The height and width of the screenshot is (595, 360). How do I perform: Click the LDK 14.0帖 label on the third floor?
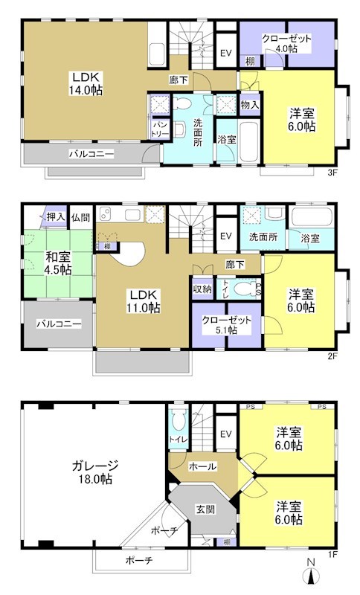[86, 83]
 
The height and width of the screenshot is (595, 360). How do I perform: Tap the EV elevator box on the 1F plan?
[225, 435]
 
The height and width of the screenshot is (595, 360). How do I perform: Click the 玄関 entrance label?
[205, 509]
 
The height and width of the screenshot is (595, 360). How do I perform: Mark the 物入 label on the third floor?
[249, 105]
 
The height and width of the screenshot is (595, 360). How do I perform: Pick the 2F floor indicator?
[332, 356]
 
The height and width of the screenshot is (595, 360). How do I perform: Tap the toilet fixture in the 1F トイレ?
[176, 423]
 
